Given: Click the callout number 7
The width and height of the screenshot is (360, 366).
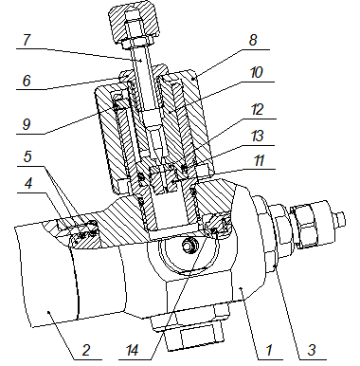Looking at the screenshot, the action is click(27, 40).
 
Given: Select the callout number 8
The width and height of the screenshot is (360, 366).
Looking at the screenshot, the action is click(253, 40).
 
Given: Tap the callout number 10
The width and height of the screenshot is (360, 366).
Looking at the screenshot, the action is click(256, 72).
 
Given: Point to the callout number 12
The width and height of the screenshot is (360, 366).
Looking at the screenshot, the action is click(257, 109).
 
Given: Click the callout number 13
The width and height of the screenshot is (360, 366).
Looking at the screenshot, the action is click(257, 137).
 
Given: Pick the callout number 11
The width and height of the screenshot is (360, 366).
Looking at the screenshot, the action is click(259, 161).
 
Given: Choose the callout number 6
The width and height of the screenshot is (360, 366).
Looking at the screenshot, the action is click(27, 81).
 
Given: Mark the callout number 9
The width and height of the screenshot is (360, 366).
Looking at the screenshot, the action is click(27, 124).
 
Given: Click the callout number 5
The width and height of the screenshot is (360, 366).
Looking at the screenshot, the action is click(27, 156).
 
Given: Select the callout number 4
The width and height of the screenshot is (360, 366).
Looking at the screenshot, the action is click(28, 183).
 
